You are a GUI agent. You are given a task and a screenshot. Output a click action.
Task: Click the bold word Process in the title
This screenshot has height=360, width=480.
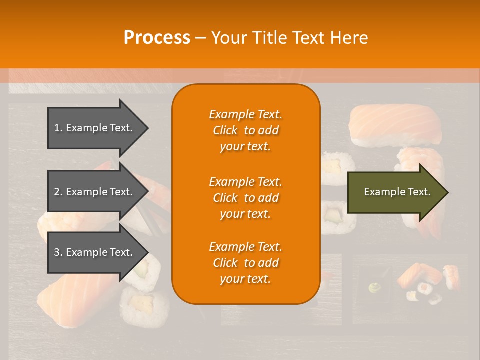click(x=157, y=37)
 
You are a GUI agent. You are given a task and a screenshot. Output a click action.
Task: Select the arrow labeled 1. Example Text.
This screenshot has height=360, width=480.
click(x=95, y=128)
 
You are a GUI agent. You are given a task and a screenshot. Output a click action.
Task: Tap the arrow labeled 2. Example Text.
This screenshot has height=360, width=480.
click(x=95, y=192)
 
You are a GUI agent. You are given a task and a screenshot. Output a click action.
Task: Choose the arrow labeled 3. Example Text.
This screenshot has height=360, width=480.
click(x=95, y=252)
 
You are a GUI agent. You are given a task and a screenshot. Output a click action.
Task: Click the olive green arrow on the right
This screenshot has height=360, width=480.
click(x=395, y=192)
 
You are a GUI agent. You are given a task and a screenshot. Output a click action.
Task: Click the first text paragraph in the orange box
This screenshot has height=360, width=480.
click(x=245, y=130)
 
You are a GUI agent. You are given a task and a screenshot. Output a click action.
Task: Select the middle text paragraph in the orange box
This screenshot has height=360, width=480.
click(x=245, y=198)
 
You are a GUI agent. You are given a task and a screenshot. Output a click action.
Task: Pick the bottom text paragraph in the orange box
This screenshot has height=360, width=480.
click(x=245, y=263)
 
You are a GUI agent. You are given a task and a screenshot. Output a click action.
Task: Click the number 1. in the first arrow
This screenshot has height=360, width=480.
click(x=58, y=128)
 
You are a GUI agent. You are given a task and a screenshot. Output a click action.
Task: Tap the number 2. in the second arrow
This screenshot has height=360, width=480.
click(x=58, y=192)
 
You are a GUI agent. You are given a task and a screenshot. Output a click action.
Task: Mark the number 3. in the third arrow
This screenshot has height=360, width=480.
click(x=58, y=252)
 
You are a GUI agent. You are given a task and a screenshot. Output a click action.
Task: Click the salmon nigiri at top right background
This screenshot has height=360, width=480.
click(x=395, y=123)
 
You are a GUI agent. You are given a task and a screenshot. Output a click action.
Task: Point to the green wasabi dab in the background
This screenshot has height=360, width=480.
click(x=374, y=288)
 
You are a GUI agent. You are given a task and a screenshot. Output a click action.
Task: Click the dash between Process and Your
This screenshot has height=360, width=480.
click(x=200, y=38)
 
